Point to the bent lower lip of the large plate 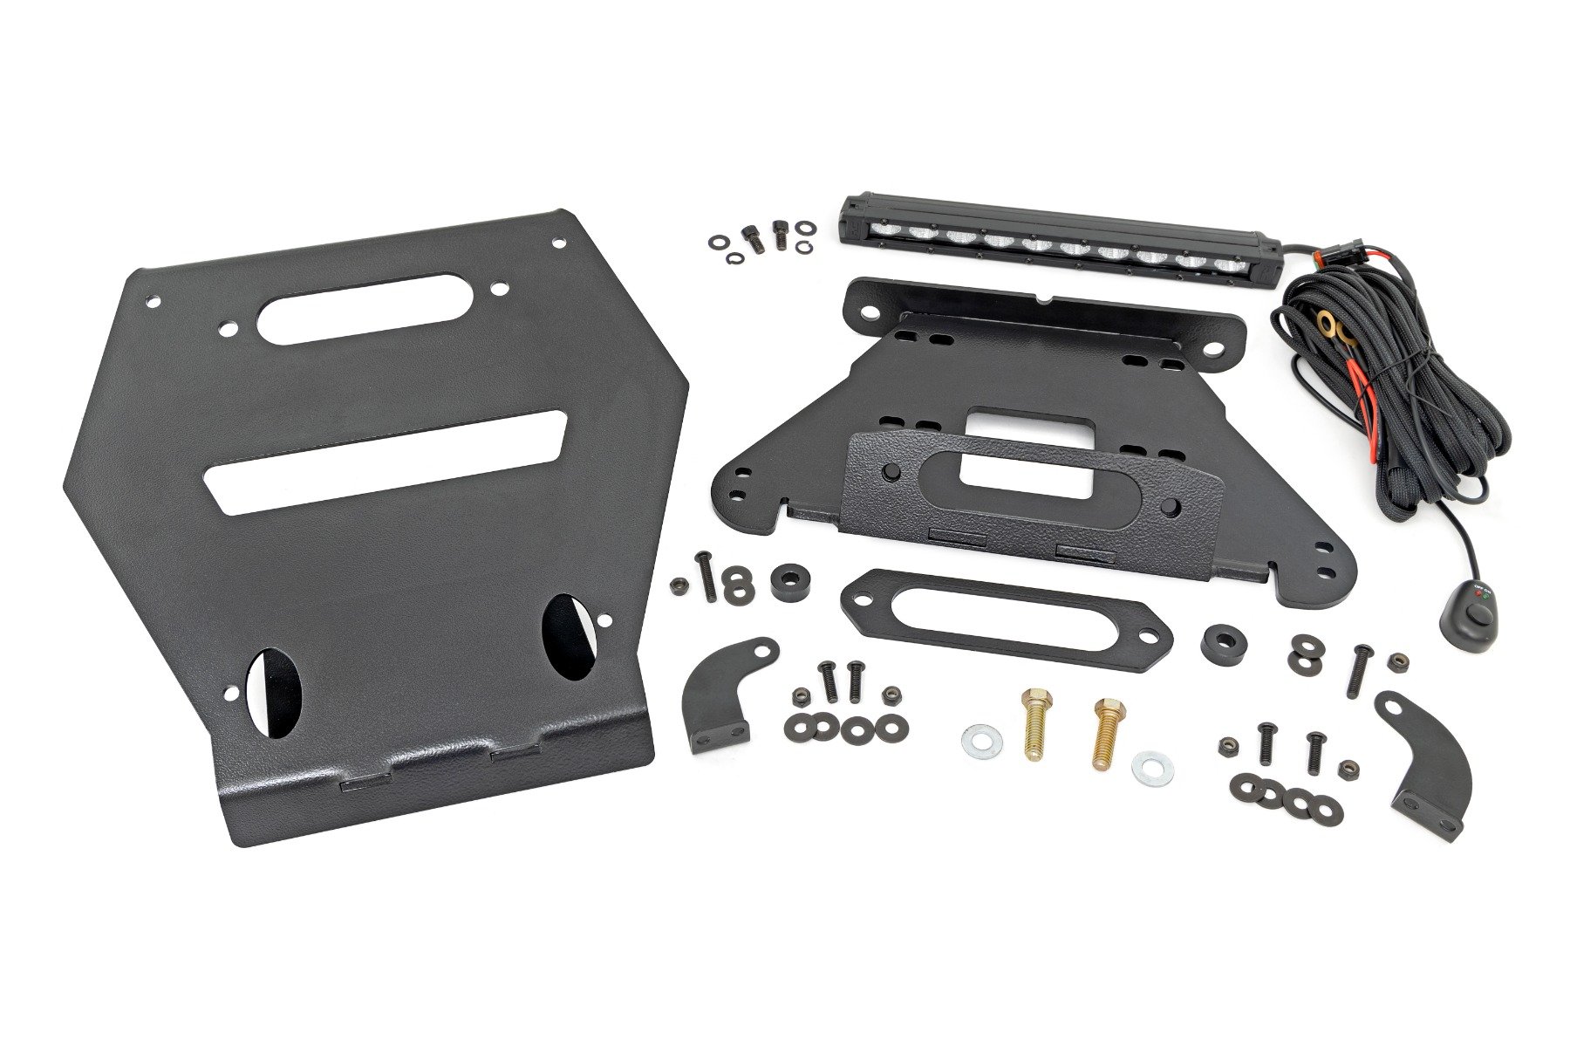436,785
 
